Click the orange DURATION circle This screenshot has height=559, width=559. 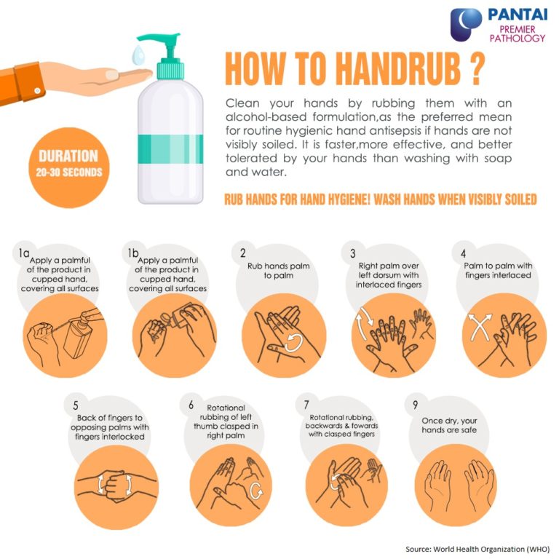click(68, 164)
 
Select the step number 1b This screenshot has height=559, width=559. click(132, 253)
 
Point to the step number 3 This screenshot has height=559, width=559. click(352, 253)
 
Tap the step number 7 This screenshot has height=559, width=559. click(306, 405)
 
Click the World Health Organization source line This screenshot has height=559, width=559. click(477, 547)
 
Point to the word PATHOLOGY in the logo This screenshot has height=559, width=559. click(517, 38)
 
